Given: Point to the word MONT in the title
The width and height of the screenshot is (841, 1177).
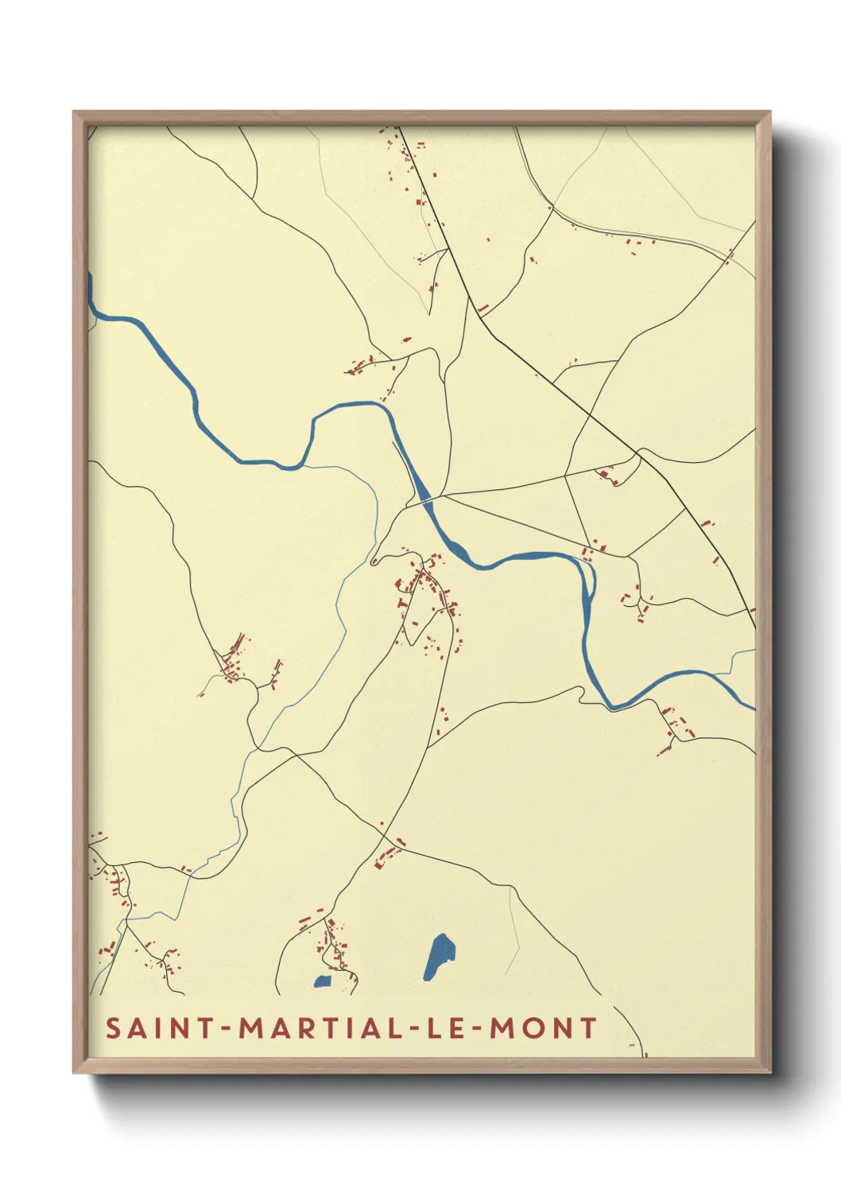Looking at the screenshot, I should pyautogui.click(x=543, y=1027).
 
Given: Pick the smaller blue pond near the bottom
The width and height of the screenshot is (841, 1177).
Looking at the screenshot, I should pyautogui.click(x=322, y=981).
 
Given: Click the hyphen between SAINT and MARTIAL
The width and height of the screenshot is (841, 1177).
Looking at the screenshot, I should pyautogui.click(x=227, y=1029).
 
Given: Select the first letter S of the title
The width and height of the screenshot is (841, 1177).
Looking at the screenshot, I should pyautogui.click(x=114, y=1027).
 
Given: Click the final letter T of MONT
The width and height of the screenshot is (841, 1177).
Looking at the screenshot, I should pyautogui.click(x=588, y=1027).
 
